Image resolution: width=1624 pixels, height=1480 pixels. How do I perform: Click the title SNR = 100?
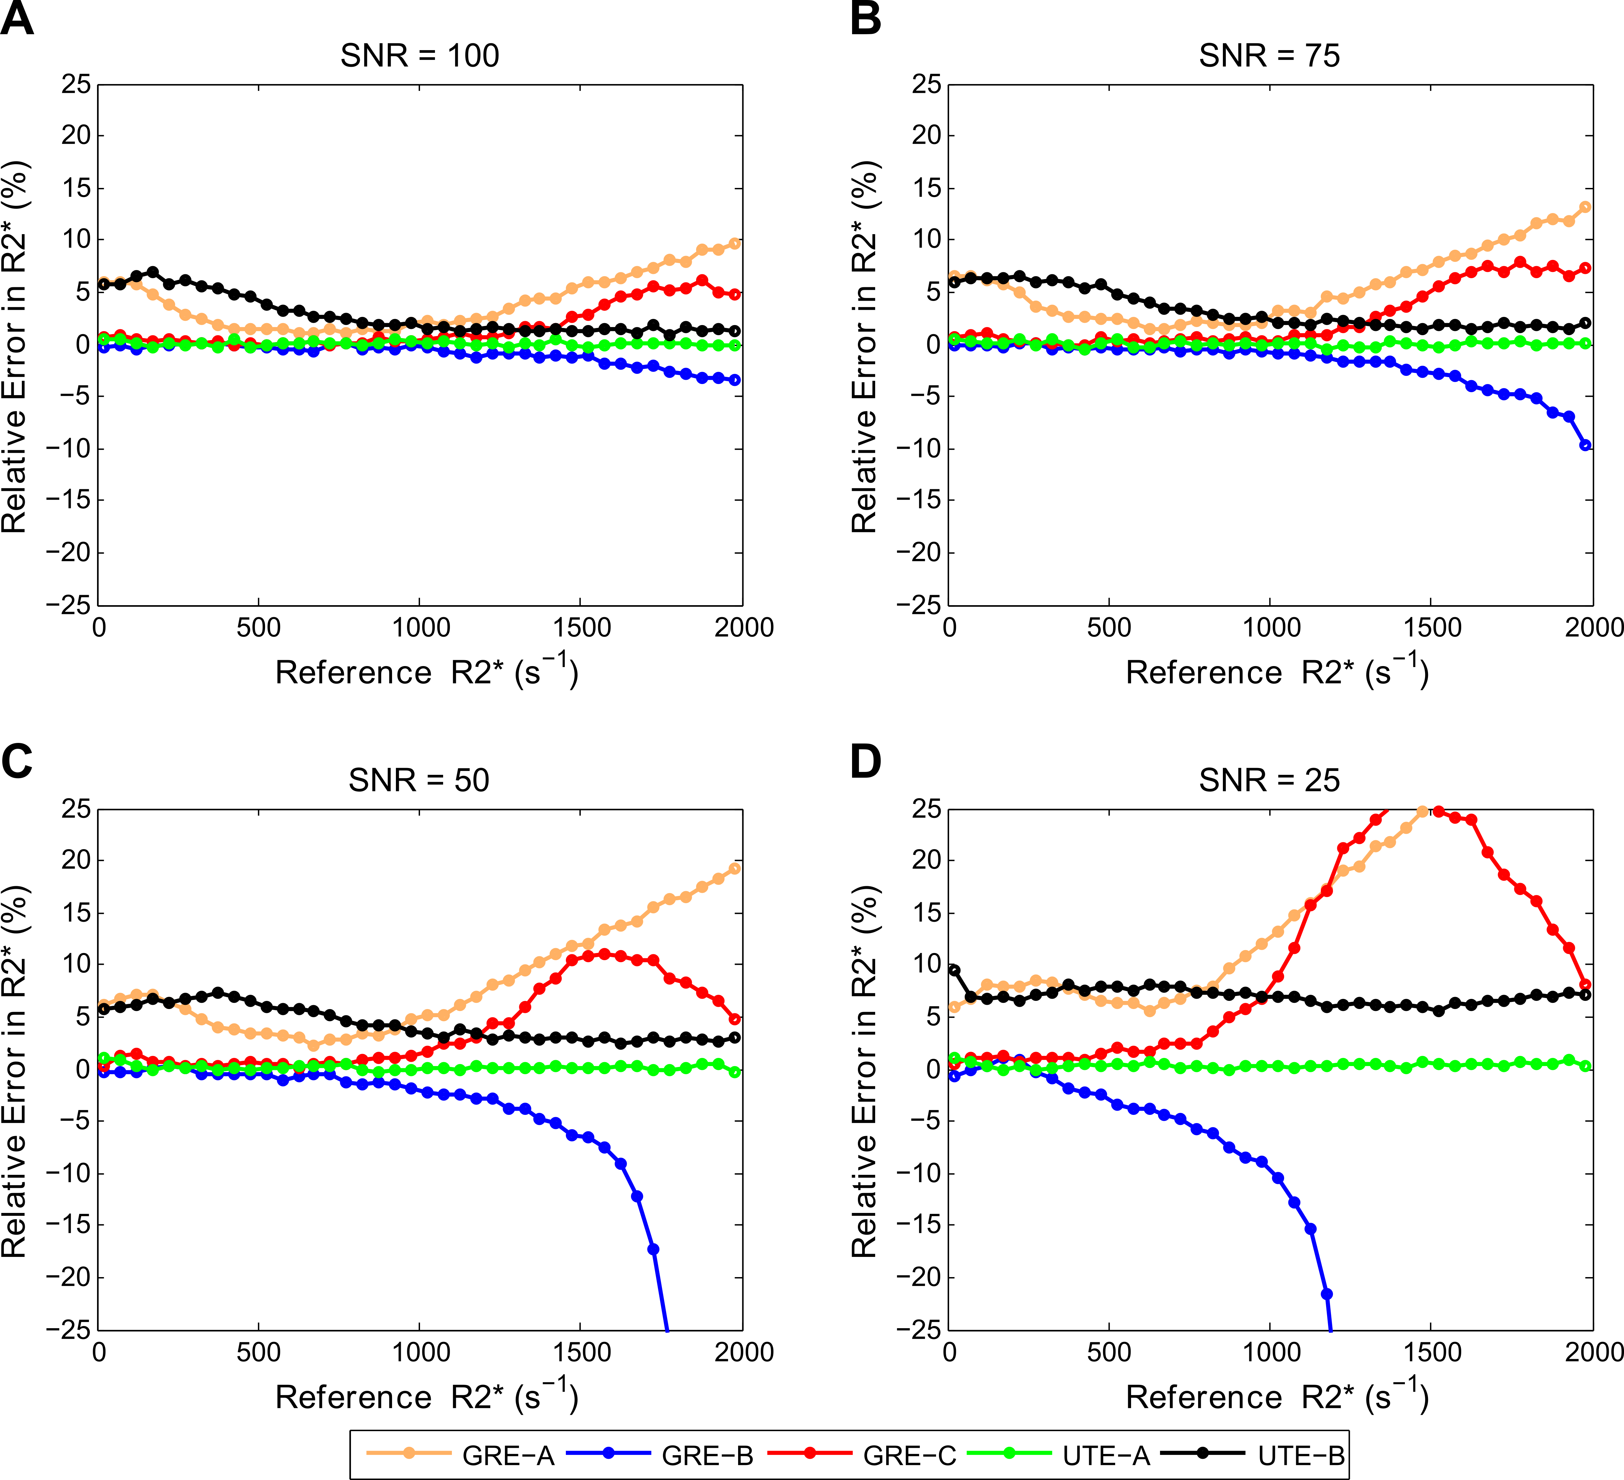click(420, 56)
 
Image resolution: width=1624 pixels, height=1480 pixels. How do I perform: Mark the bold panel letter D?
click(866, 761)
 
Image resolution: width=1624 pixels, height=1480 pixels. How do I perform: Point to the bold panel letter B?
click(866, 19)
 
